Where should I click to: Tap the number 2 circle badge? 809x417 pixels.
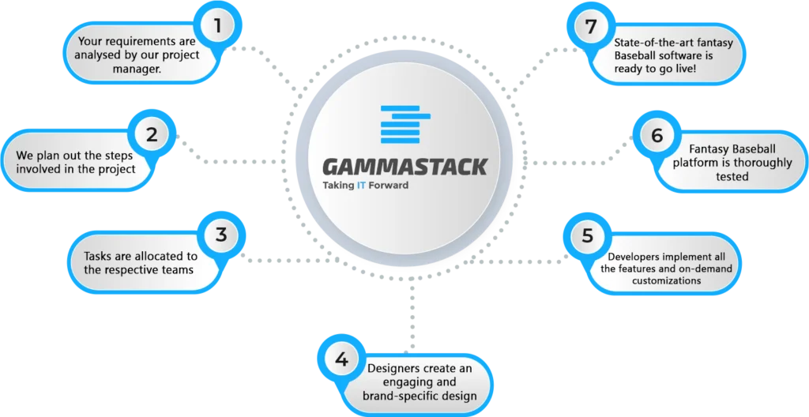point(152,135)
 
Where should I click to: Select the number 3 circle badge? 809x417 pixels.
point(221,235)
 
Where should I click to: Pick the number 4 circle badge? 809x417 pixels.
point(341,360)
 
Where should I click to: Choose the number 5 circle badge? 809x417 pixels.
point(588,236)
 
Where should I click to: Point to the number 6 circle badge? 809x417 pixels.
point(657,137)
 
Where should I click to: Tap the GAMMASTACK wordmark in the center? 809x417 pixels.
point(405,167)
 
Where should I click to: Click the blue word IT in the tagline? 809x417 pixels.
point(361,186)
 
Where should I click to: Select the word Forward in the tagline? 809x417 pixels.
point(389,186)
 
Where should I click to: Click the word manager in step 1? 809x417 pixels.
point(137,69)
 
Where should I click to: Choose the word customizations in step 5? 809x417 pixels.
point(666,280)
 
